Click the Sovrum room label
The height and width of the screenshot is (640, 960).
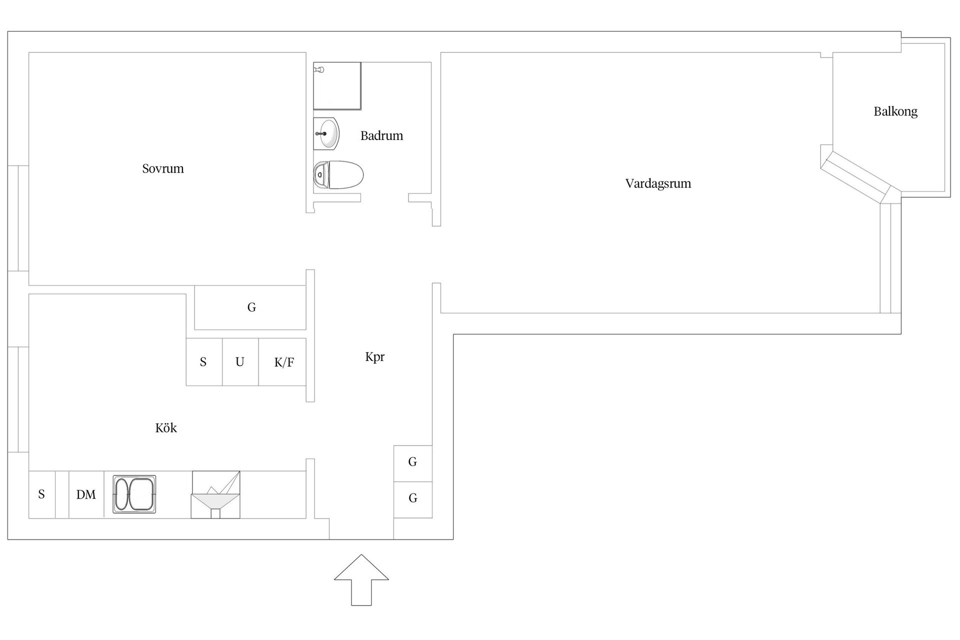click(163, 168)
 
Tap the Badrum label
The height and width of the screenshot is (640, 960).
click(381, 135)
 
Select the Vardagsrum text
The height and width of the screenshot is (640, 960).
click(658, 183)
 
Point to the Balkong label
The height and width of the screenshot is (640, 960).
click(895, 111)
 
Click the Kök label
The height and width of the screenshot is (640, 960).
click(166, 428)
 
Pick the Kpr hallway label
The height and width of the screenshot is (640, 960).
click(375, 357)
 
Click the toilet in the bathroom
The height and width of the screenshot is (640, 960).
click(338, 175)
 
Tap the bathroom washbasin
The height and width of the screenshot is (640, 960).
click(326, 133)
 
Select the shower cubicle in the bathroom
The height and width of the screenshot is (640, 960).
click(337, 86)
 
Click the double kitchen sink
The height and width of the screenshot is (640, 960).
click(134, 494)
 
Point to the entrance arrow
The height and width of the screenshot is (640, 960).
click(361, 580)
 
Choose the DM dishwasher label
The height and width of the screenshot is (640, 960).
click(86, 494)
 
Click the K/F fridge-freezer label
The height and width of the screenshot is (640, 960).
click(284, 362)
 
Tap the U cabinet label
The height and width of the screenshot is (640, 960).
click(240, 361)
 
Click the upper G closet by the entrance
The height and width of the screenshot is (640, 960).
click(412, 463)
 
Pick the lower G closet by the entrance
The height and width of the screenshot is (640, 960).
click(412, 499)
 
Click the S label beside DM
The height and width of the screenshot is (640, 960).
click(41, 494)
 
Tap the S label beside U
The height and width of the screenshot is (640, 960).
click(203, 362)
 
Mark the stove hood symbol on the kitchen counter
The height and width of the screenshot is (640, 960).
click(215, 494)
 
